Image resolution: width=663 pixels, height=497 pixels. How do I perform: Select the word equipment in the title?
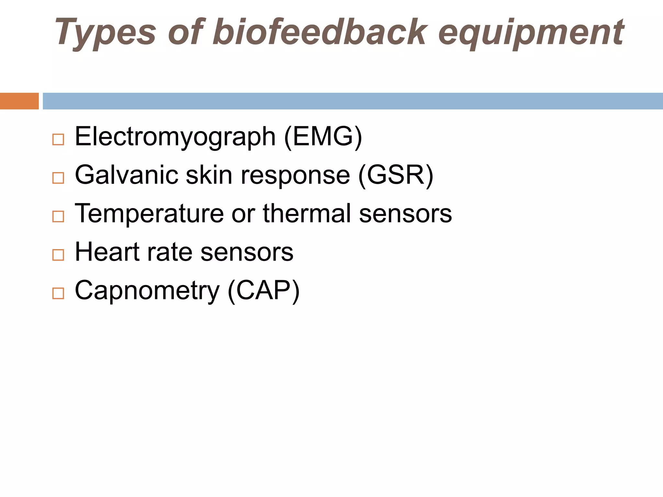click(x=531, y=32)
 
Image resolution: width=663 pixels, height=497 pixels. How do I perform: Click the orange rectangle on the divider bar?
click(x=19, y=101)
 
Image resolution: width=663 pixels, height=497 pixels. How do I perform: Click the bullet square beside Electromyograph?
click(x=58, y=139)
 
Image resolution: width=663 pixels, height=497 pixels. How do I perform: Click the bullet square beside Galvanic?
click(x=58, y=178)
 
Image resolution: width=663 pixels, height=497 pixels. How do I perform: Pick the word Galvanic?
click(x=127, y=175)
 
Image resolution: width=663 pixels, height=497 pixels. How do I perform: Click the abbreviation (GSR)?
click(x=396, y=175)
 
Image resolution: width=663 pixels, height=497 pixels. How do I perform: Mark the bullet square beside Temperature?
click(x=58, y=216)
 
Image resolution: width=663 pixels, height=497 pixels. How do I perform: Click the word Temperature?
click(x=149, y=214)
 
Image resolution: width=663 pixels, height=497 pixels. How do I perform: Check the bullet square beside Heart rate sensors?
click(x=58, y=255)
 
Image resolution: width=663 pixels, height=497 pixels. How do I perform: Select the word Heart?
click(x=107, y=252)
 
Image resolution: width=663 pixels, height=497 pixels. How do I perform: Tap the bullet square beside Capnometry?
click(x=58, y=293)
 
